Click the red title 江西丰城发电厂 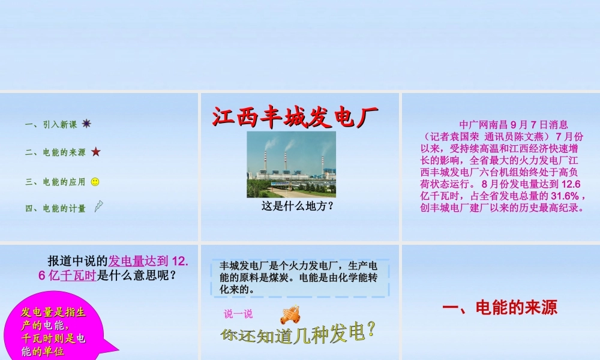295,117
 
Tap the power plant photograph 291,164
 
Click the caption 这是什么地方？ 297,206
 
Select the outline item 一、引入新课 51,125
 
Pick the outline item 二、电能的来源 55,152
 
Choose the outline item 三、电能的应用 55,181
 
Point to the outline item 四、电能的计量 55,208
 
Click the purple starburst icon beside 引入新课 86,124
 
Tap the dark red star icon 95,152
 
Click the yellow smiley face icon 95,181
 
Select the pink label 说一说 238,313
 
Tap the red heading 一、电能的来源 499,308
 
